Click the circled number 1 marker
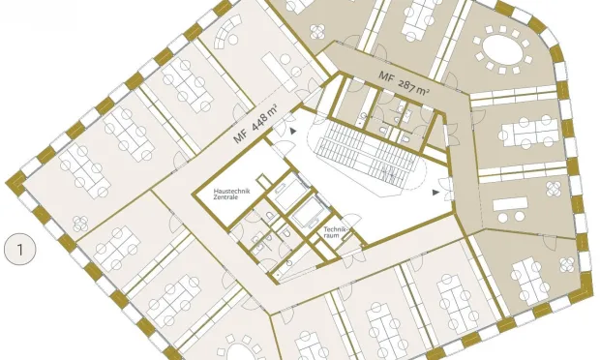(20, 250)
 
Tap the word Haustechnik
(231, 191)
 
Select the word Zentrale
(225, 197)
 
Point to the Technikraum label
(335, 232)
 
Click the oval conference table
(502, 49)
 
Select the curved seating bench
(227, 31)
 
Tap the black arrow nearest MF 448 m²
(292, 131)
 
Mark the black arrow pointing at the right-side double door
(435, 193)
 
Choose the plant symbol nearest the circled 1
(80, 224)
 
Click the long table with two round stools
(510, 209)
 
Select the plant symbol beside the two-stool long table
(554, 189)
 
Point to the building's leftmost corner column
(15, 183)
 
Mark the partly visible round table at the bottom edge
(238, 351)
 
